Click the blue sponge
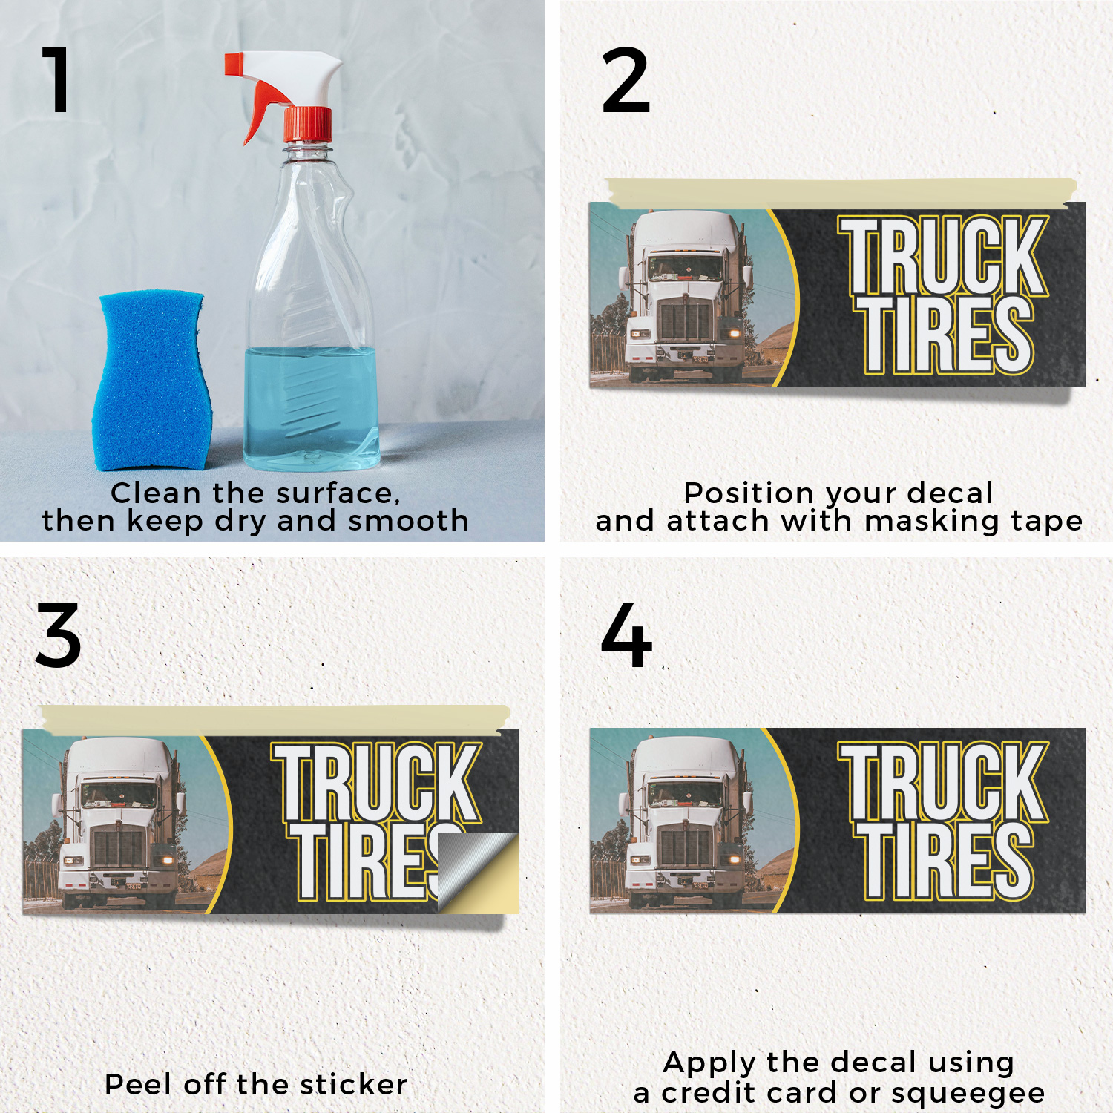pos(152,381)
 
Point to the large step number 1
pos(56,79)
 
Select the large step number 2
pos(626,80)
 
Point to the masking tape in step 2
pos(840,193)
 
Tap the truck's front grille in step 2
pos(684,320)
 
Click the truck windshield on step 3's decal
pos(119,794)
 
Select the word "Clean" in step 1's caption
pos(156,493)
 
